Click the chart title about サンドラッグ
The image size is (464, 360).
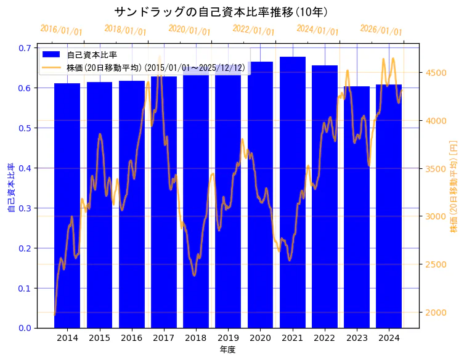(x=221, y=12)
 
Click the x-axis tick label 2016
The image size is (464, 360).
(x=131, y=338)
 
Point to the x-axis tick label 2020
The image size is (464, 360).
(x=260, y=338)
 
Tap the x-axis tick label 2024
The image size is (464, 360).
(x=389, y=338)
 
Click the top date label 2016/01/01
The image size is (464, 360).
(x=61, y=30)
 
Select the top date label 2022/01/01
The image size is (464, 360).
(x=253, y=30)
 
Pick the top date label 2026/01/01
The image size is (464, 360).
(x=381, y=30)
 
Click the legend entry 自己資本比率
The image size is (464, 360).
(x=92, y=55)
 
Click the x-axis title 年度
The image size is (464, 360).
(x=227, y=350)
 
